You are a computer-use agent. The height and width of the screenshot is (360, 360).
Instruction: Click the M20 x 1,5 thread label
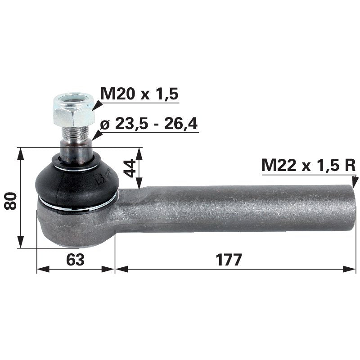(139, 94)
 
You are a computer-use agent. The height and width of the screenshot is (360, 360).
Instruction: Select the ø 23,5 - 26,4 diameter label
(148, 124)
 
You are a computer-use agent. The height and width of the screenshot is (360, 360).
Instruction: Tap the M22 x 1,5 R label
(308, 166)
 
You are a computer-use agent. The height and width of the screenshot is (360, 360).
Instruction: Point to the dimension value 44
(130, 168)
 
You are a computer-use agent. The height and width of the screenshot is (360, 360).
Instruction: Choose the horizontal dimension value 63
(75, 260)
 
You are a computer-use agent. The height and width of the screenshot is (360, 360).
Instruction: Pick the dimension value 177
(229, 260)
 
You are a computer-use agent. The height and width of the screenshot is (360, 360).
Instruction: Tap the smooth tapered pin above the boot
(76, 151)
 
